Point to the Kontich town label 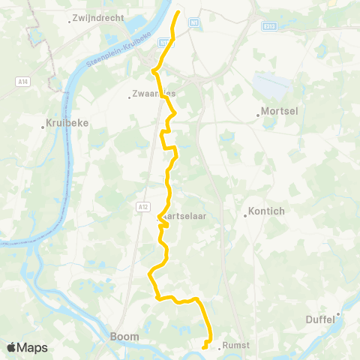click(x=266, y=211)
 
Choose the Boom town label click(x=124, y=337)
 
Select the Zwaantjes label click(x=154, y=94)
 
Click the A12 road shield click(x=143, y=205)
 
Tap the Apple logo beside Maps click(x=12, y=347)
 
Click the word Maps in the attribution click(x=33, y=348)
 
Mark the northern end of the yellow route click(x=178, y=13)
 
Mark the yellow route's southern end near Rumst click(x=204, y=347)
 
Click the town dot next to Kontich click(x=245, y=216)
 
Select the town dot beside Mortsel click(x=259, y=115)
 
